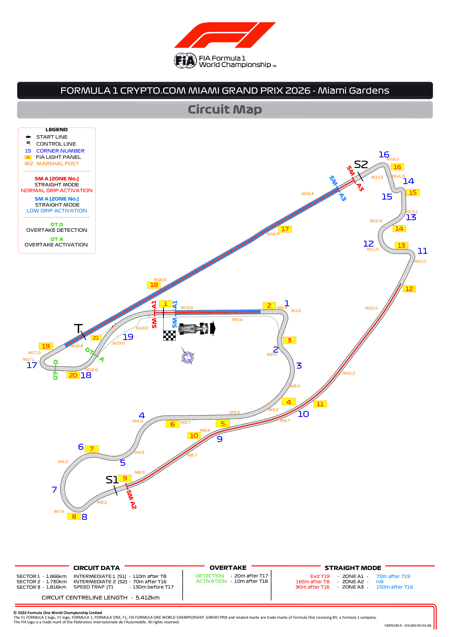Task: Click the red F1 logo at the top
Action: click(x=225, y=35)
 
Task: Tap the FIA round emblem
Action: click(x=185, y=61)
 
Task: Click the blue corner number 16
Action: click(x=384, y=155)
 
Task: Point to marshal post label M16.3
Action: click(x=308, y=194)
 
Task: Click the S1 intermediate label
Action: click(x=112, y=480)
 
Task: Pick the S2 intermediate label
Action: click(x=361, y=165)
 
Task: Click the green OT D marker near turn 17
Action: click(x=55, y=370)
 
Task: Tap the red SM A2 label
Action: click(x=131, y=499)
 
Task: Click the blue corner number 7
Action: click(x=54, y=489)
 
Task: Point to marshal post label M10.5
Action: click(x=371, y=308)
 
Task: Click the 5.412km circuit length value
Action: click(x=148, y=598)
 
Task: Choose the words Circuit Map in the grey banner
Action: click(x=225, y=110)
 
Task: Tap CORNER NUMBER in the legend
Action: click(x=60, y=151)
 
